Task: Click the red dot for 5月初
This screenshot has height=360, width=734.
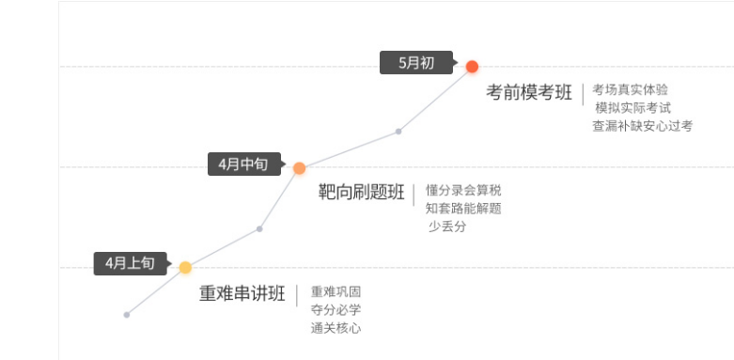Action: click(x=472, y=66)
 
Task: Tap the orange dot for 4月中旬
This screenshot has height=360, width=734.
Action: click(x=299, y=168)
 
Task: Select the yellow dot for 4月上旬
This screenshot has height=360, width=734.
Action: click(x=185, y=268)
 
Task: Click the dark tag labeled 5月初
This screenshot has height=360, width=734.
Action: click(x=416, y=63)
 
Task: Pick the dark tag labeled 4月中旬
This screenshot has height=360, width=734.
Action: click(x=242, y=164)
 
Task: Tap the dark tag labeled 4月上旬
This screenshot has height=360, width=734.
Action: click(x=130, y=264)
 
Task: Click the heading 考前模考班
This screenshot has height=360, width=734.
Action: click(x=529, y=92)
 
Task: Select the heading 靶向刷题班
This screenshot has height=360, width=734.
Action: click(x=362, y=194)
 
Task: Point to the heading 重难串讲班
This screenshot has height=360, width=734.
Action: click(x=242, y=293)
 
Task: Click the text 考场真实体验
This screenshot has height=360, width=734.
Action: click(x=630, y=89)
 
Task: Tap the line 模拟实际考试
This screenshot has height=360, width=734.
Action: click(x=632, y=107)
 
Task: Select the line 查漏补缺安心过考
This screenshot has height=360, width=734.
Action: click(x=641, y=126)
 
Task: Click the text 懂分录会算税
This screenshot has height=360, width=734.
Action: click(x=463, y=190)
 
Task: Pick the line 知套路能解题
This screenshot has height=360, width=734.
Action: click(x=463, y=208)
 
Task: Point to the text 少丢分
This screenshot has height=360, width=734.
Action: click(x=447, y=227)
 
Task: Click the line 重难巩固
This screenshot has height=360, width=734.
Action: click(x=336, y=291)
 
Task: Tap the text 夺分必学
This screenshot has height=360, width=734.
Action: click(x=336, y=309)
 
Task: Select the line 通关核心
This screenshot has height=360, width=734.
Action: click(x=336, y=328)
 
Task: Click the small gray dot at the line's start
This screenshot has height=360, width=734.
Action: click(x=126, y=314)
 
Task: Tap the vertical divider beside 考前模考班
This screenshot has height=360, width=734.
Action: click(x=582, y=93)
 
